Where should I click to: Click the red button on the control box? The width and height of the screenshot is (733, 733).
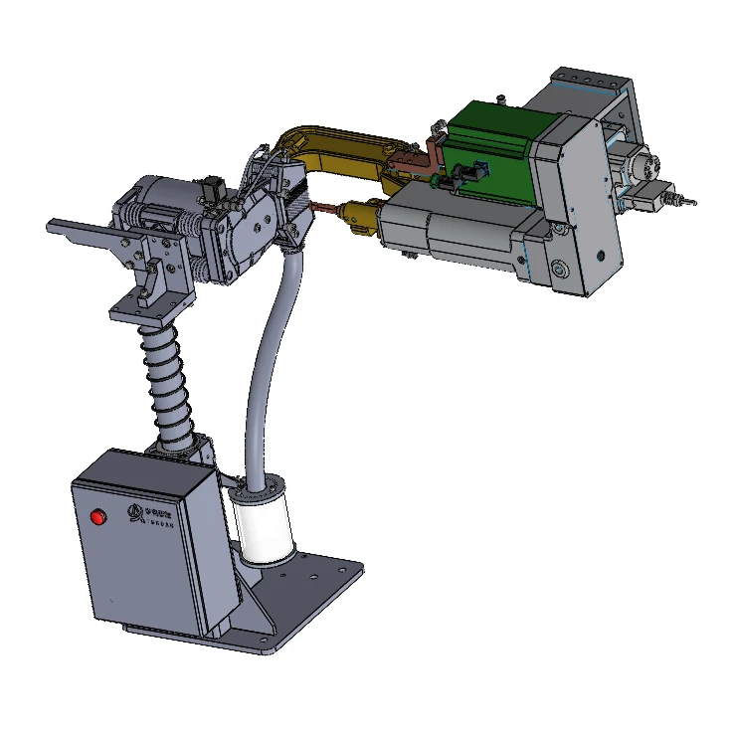pyautogui.click(x=97, y=517)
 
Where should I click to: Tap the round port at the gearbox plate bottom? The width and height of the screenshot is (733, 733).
pyautogui.click(x=561, y=270)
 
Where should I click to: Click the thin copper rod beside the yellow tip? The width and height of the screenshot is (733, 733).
pyautogui.click(x=324, y=208)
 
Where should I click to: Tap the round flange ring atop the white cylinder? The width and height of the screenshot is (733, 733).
pyautogui.click(x=262, y=490)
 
